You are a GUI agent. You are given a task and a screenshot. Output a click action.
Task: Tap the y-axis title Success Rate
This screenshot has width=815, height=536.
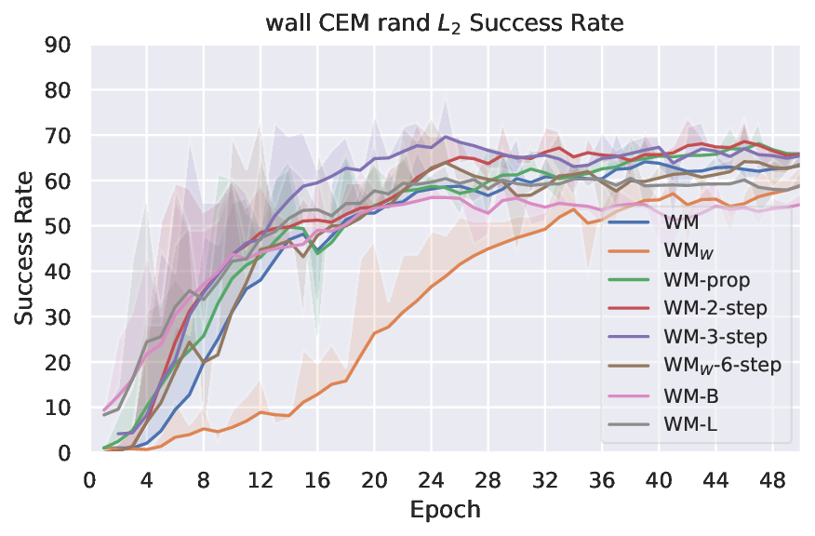(x=23, y=248)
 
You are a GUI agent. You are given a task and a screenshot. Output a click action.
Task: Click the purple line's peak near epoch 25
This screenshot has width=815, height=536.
(x=446, y=137)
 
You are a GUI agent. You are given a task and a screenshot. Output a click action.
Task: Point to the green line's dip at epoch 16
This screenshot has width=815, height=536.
(x=317, y=252)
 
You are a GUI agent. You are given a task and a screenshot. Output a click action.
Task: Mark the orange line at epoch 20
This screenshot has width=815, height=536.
(x=374, y=333)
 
